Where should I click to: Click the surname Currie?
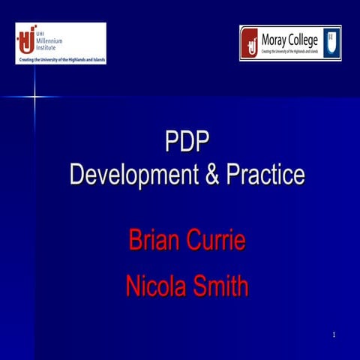pyautogui.click(x=220, y=241)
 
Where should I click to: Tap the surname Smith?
pyautogui.click(x=220, y=286)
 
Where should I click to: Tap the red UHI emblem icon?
pyautogui.click(x=27, y=39)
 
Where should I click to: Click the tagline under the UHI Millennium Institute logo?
pyautogui.click(x=61, y=58)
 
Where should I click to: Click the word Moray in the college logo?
pyautogui.click(x=277, y=38)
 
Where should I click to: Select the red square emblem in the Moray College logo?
pyautogui.click(x=250, y=43)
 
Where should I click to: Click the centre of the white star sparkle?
pyautogui.click(x=34, y=96)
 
